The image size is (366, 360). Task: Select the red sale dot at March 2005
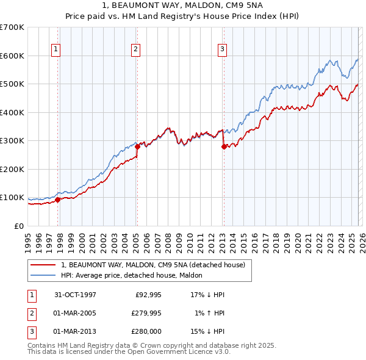click(137, 146)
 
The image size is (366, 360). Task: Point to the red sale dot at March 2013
click(224, 146)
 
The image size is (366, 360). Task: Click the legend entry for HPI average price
click(135, 275)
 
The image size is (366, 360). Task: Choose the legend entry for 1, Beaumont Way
click(152, 265)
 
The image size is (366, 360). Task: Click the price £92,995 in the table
click(146, 295)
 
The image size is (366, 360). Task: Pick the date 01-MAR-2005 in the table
click(75, 313)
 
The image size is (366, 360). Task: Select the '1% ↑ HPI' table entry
click(210, 313)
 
